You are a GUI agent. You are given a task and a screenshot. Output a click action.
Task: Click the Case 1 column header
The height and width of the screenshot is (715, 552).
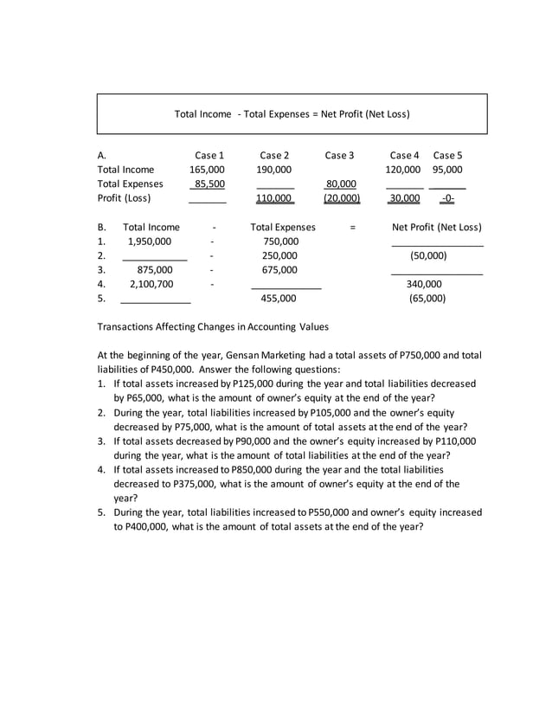(209, 155)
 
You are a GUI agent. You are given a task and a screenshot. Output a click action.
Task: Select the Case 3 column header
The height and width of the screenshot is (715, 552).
(339, 155)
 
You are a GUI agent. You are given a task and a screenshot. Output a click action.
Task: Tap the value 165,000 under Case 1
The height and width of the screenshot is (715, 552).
(207, 170)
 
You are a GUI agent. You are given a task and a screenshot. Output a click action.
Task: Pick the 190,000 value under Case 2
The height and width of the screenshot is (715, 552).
(274, 170)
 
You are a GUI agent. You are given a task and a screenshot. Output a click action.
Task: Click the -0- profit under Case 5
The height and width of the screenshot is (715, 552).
(447, 198)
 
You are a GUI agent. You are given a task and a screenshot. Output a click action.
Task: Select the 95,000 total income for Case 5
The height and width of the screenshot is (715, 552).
(447, 170)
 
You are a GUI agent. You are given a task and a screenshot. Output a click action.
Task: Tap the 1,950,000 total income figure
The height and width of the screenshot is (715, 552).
(150, 242)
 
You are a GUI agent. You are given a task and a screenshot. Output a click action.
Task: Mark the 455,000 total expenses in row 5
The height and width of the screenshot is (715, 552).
(279, 298)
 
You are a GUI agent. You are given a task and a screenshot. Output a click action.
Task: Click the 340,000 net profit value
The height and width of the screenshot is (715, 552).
(424, 283)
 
